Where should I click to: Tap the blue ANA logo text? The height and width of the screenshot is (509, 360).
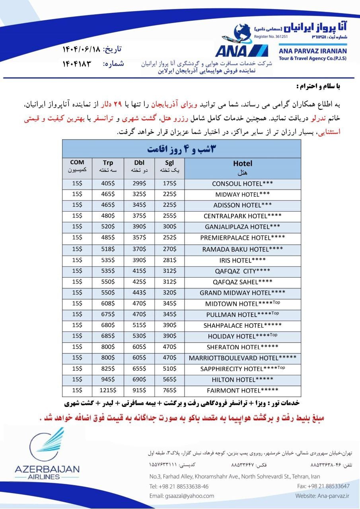click(x=231, y=51)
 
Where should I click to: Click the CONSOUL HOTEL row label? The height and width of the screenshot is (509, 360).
click(x=242, y=184)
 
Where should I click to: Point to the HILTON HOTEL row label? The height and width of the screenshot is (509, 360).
click(x=242, y=379)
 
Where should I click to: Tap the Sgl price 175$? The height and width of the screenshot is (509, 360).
click(x=169, y=184)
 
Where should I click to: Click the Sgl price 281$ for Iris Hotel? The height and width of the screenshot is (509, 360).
click(x=169, y=260)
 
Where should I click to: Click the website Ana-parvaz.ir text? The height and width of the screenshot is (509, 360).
click(x=322, y=496)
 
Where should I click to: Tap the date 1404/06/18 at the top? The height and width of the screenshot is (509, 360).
click(x=81, y=49)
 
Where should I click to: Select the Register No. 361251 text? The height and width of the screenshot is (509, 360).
click(x=270, y=36)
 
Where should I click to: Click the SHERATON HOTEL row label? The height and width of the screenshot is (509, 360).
click(x=242, y=347)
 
